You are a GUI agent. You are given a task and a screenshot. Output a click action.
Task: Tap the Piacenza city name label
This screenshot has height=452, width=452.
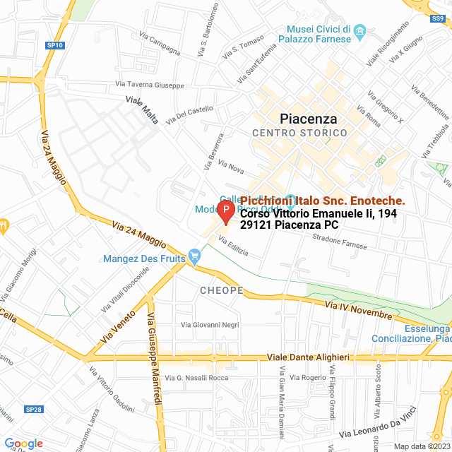click(308, 119)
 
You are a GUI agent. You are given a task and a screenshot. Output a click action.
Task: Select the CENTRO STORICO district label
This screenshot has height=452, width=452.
click(299, 133)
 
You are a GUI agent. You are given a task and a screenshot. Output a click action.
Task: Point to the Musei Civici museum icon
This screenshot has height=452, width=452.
click(359, 30)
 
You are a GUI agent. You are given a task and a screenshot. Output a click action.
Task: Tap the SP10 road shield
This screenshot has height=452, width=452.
click(55, 45)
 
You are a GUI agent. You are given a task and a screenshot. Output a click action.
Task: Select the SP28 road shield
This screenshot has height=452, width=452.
click(34, 390)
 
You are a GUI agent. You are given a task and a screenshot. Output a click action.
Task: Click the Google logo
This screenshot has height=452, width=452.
click(23, 443)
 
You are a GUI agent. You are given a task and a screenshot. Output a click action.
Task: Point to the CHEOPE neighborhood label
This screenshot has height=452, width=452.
click(221, 291)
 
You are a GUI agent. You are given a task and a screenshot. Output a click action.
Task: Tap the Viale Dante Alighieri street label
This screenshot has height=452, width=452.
click(314, 358)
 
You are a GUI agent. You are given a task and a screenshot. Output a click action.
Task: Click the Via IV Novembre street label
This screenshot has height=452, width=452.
click(358, 309)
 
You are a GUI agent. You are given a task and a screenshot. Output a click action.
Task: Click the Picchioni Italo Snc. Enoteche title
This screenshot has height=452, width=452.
click(323, 201)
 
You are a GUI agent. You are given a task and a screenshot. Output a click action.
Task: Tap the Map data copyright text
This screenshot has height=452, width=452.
click(422, 446)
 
